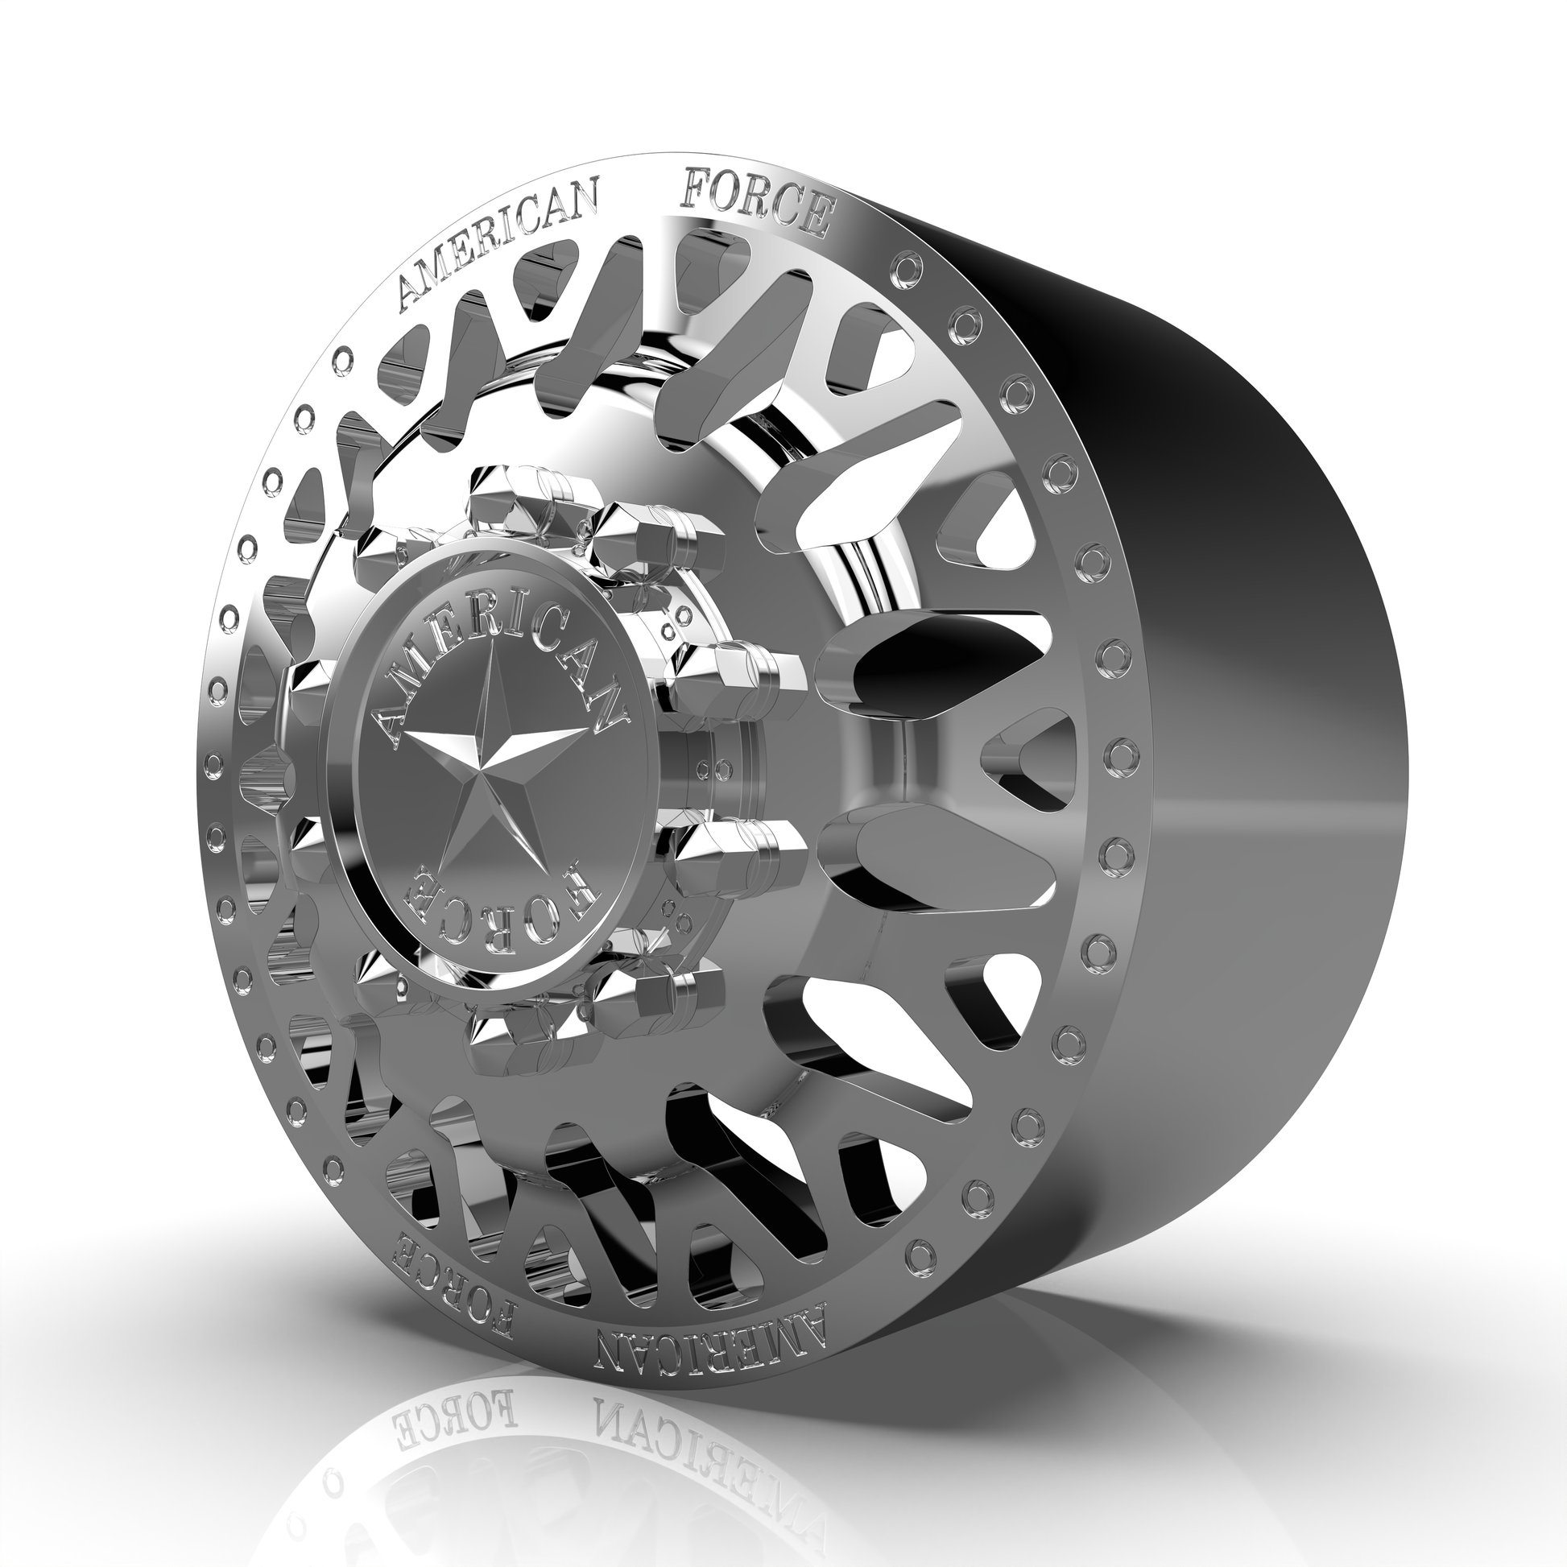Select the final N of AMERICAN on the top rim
click(x=585, y=202)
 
